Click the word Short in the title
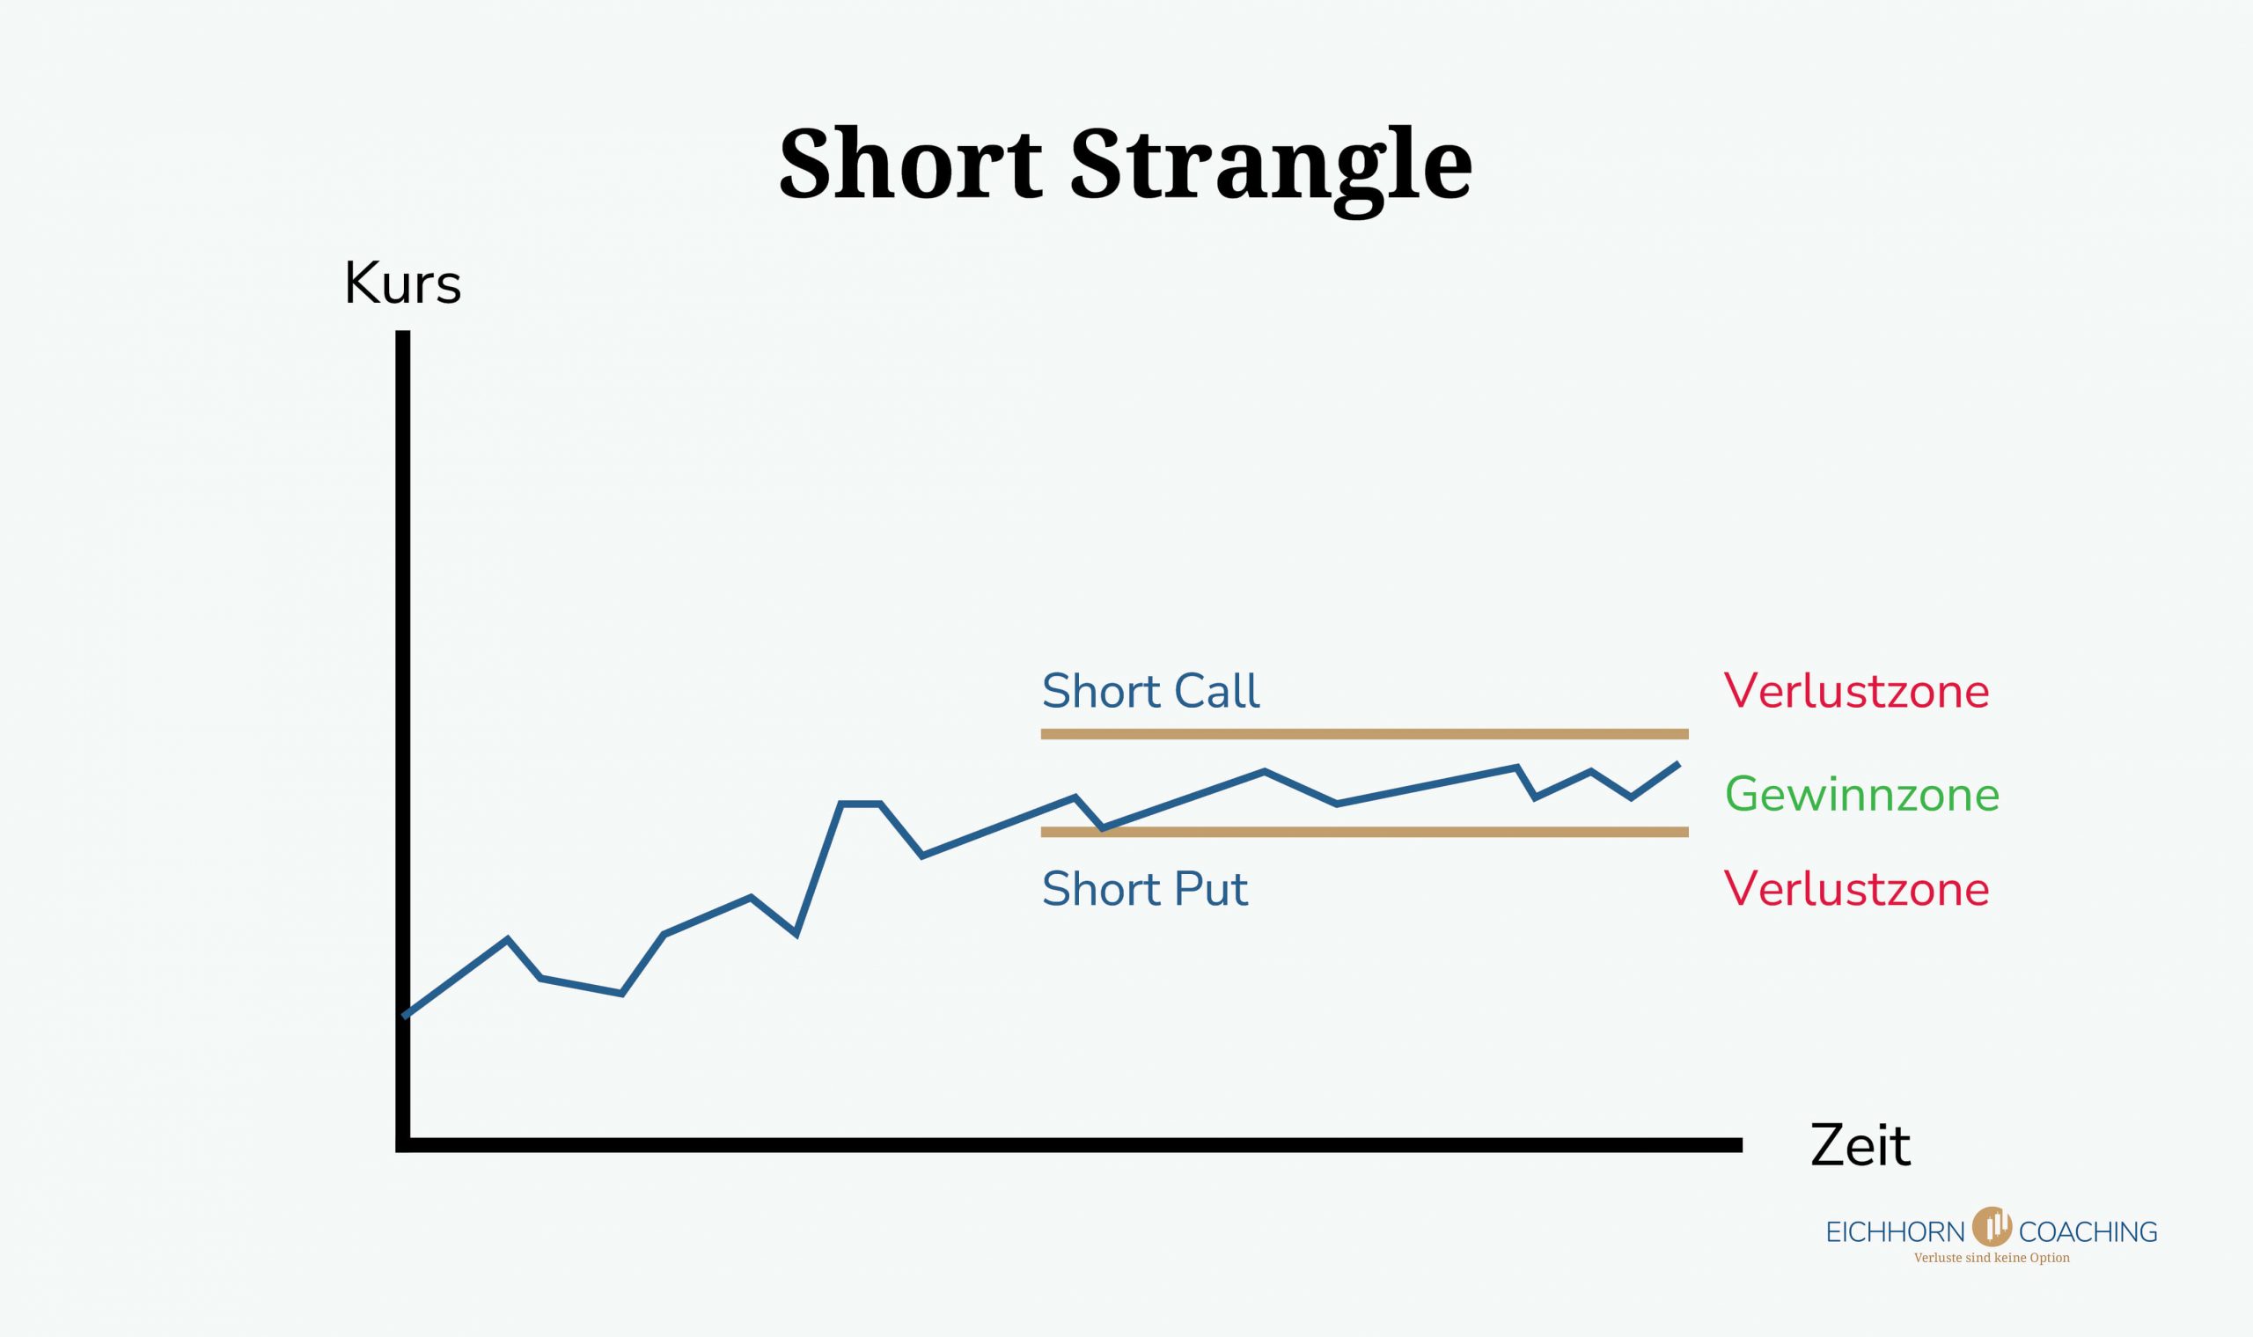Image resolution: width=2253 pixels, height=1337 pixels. [910, 164]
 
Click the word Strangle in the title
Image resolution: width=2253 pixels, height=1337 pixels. [1271, 171]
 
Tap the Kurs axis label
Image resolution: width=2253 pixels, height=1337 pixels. [403, 283]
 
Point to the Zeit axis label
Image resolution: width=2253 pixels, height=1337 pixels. [1860, 1145]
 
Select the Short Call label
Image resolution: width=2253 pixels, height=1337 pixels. [1150, 691]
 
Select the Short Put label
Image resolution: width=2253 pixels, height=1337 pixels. [1145, 889]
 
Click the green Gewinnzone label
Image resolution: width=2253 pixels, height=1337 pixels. [1862, 795]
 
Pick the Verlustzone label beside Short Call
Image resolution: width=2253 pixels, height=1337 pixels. [1857, 691]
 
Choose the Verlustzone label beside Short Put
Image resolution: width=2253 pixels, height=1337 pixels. [1857, 889]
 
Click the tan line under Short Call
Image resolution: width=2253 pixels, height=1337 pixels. [1365, 734]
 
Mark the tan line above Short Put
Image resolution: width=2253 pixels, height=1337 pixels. [1365, 833]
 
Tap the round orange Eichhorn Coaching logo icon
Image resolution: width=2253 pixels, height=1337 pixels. [1992, 1226]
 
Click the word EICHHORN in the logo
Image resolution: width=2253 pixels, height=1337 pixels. [1896, 1231]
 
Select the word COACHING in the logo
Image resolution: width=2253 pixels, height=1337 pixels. [2088, 1231]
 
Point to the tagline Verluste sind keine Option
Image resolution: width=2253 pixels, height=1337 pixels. [1992, 1258]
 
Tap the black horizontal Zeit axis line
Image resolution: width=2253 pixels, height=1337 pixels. [1069, 1145]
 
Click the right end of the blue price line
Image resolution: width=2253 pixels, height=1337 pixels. [1678, 764]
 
